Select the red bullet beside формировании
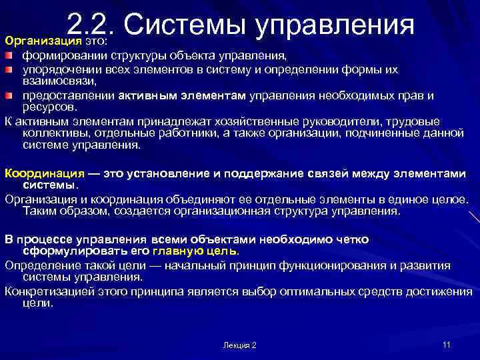[x=10, y=55]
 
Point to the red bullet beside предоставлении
[x=10, y=95]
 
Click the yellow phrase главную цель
[x=194, y=251]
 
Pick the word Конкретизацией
[x=51, y=291]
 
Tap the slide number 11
[x=447, y=344]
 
